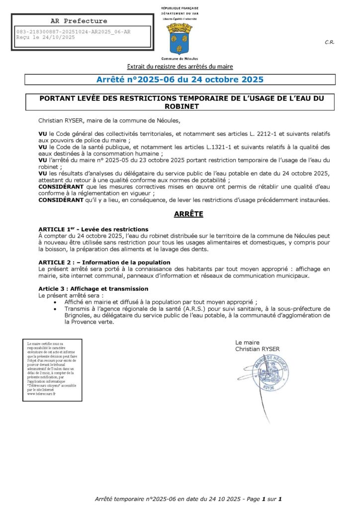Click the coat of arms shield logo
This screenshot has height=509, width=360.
[180, 38]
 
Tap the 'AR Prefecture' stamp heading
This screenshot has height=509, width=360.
[79, 21]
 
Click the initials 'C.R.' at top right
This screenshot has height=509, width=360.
[329, 43]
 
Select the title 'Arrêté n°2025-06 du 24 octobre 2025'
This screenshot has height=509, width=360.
[180, 80]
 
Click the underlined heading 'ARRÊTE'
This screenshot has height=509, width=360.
[188, 214]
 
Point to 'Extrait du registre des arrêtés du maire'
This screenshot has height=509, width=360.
[180, 66]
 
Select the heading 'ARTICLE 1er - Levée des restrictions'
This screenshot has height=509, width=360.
[93, 229]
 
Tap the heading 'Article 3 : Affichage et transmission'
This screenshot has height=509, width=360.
[93, 289]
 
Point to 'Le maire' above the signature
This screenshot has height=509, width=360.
[248, 342]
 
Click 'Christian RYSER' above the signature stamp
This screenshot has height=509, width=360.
[258, 349]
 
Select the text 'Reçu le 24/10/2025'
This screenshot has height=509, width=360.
[46, 37]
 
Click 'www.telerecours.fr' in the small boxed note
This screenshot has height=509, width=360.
[42, 393]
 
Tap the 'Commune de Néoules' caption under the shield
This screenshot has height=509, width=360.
[180, 59]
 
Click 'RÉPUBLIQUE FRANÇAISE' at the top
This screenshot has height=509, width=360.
[180, 9]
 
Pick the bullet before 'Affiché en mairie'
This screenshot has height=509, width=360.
[55, 302]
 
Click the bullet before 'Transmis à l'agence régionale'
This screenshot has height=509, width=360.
[55, 309]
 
